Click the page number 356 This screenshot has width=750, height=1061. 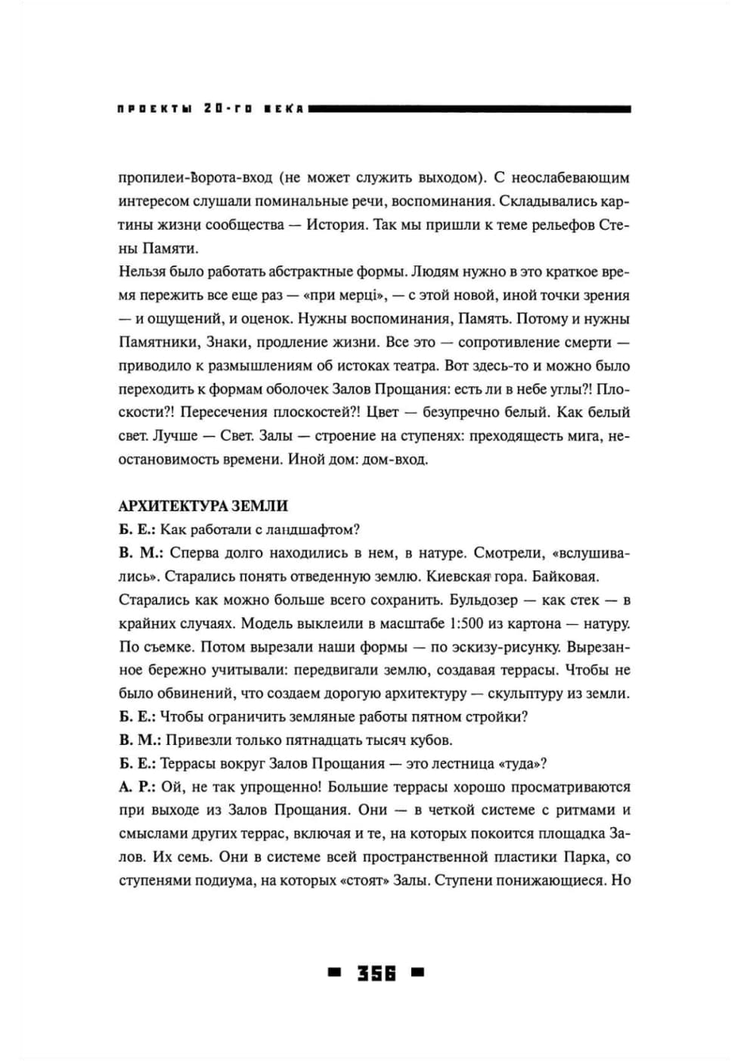click(377, 973)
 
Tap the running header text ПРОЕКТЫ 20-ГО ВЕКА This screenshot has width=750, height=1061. click(210, 109)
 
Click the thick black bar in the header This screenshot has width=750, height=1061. click(470, 109)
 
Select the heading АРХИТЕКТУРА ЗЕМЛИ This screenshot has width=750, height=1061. click(203, 506)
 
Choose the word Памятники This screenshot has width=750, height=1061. click(158, 343)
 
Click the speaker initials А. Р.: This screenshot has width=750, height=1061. click(137, 787)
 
